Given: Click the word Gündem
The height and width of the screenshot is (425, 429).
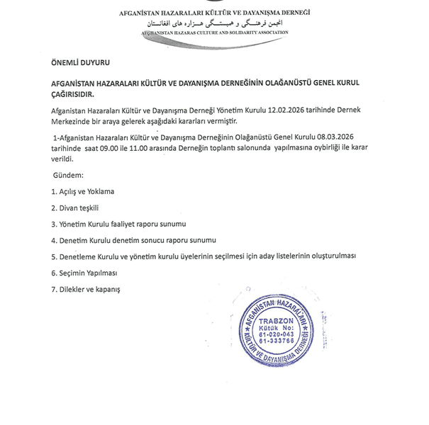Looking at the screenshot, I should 69,174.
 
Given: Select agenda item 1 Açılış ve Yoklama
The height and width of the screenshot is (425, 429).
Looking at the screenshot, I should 82,191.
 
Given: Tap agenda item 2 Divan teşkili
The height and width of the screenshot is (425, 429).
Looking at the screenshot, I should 74,208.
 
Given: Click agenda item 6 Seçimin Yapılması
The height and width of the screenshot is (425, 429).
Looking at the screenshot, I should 84,273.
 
